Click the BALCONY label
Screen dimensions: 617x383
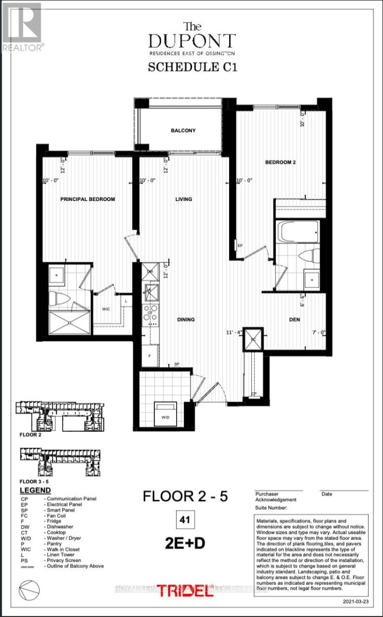pos(183,131)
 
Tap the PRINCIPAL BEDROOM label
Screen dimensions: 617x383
pos(88,199)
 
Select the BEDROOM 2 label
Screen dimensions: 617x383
pos(281,162)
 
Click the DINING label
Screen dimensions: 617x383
pos(186,319)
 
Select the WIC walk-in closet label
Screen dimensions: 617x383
pos(105,309)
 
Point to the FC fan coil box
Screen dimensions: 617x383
pos(252,339)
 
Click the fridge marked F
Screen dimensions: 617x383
pos(150,355)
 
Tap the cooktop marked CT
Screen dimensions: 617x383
pos(151,313)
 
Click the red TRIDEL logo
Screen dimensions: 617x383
pos(185,591)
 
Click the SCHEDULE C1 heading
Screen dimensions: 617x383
pos(193,67)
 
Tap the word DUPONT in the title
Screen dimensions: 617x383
pos(193,41)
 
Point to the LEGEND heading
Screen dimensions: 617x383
pos(35,490)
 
